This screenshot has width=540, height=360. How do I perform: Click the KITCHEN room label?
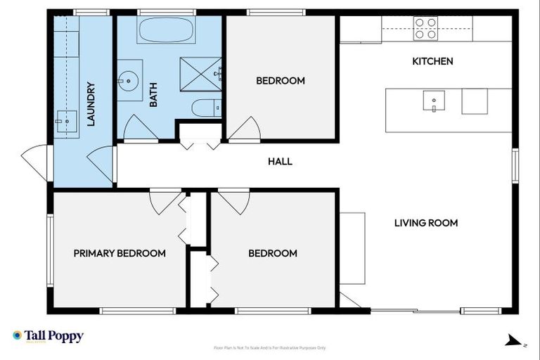pyautogui.click(x=432, y=62)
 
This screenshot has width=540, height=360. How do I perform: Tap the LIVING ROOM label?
pyautogui.click(x=425, y=223)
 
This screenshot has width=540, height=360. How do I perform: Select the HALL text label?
pyautogui.click(x=280, y=162)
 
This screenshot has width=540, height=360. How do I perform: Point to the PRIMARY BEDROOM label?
pyautogui.click(x=120, y=253)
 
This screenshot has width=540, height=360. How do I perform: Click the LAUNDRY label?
pyautogui.click(x=91, y=105)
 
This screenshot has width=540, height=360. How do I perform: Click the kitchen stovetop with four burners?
pyautogui.click(x=425, y=28)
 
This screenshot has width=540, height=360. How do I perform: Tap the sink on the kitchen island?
pyautogui.click(x=433, y=101)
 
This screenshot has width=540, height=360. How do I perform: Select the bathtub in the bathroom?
pyautogui.click(x=167, y=30)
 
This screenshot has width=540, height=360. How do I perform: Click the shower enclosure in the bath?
pyautogui.click(x=200, y=72)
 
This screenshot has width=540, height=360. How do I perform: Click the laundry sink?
pyautogui.click(x=67, y=121)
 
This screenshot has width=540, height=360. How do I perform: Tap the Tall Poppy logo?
pyautogui.click(x=48, y=336)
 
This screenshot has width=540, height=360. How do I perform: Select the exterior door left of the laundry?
pyautogui.click(x=35, y=160)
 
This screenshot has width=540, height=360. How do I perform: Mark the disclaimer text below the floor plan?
pyautogui.click(x=269, y=348)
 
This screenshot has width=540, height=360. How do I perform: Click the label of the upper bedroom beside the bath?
pyautogui.click(x=280, y=81)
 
